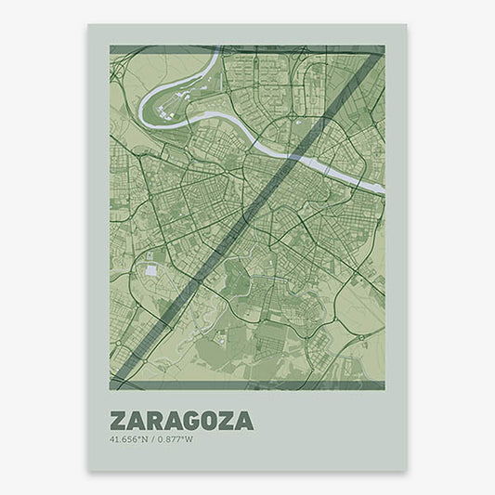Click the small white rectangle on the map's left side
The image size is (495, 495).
(151, 270)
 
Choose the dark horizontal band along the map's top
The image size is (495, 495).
(246, 50)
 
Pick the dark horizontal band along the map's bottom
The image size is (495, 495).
(246, 383)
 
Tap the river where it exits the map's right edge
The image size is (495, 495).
(381, 189)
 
